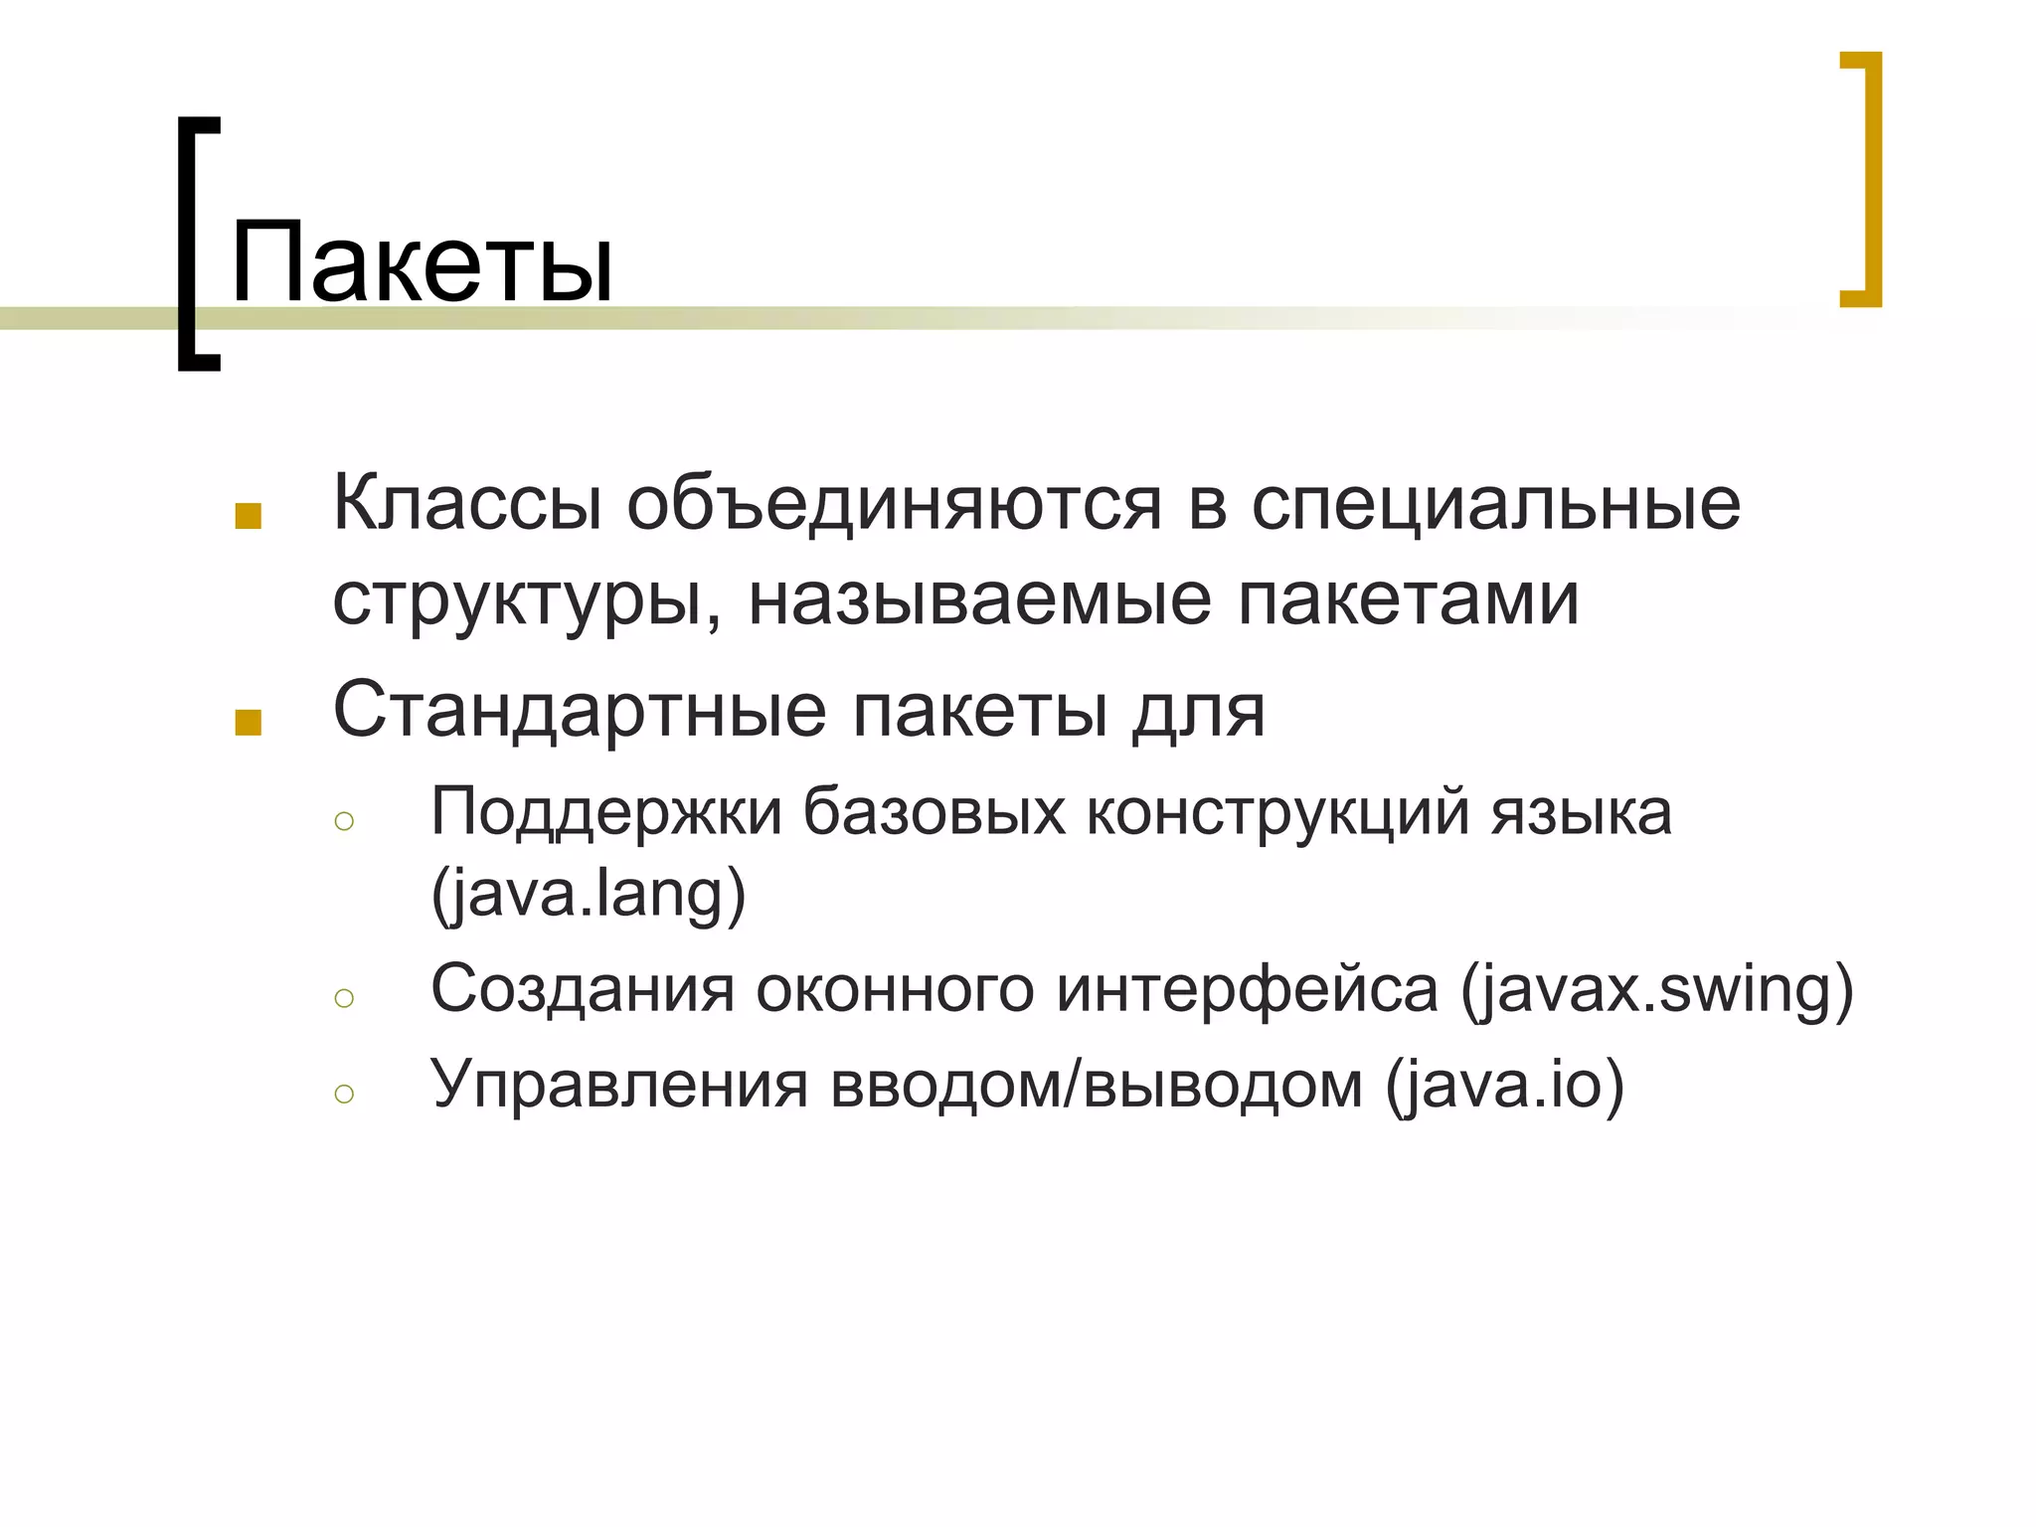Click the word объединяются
pos(894,503)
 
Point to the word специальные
pos(1495,503)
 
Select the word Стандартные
pos(580,710)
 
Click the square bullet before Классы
pos(248,516)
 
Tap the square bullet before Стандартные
pos(248,723)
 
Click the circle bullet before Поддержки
pos(345,821)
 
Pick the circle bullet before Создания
pos(345,998)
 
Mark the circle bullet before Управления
pos(345,1094)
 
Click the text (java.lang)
pos(589,894)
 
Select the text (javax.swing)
pos(1656,990)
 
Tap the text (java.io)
pos(1504,1085)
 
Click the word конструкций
pos(1277,812)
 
